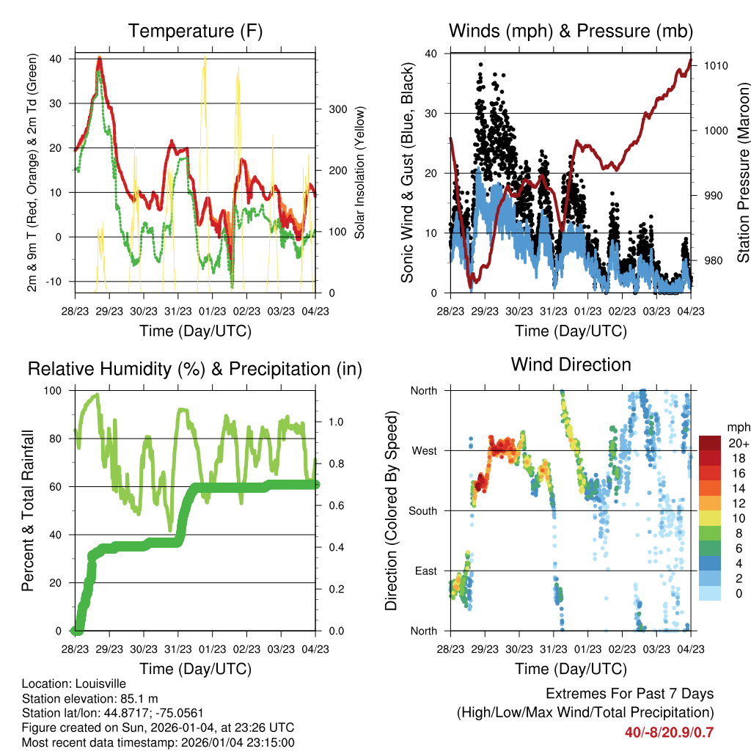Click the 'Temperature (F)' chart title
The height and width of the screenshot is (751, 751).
point(195,31)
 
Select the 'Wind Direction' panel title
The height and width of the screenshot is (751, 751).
point(571,364)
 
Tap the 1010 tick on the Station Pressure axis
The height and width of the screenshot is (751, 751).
point(714,65)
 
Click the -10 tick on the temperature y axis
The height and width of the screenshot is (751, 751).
point(56,282)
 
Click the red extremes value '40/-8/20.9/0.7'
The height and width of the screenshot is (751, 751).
point(669,732)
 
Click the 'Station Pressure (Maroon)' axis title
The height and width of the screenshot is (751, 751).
point(743,173)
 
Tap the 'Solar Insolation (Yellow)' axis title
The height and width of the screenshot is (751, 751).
point(360,173)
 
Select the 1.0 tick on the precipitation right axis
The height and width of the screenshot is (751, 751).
point(337,422)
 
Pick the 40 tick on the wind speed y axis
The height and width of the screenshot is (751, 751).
point(431,54)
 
